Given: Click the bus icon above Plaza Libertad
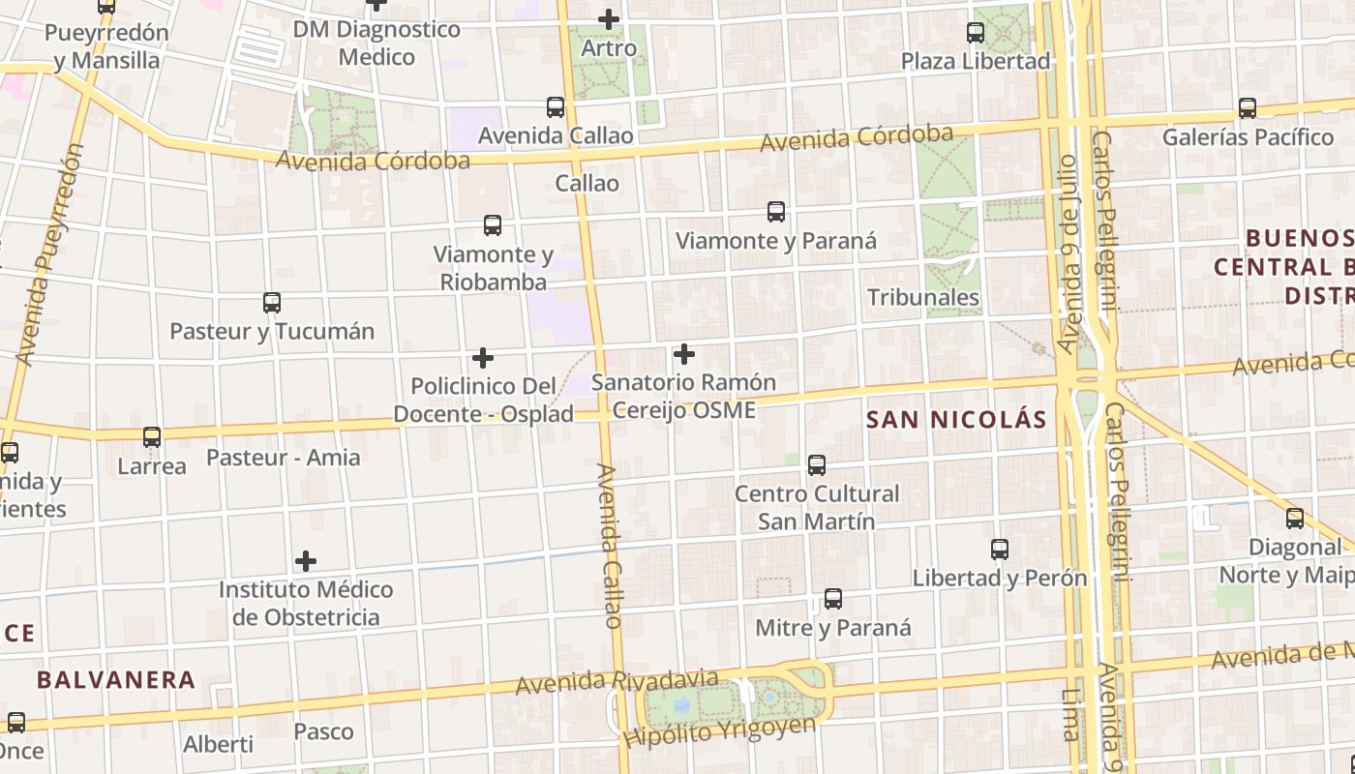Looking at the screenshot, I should tap(976, 33).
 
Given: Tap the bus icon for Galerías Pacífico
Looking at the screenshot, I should tap(1248, 108).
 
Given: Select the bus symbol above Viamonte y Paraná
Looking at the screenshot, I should tap(775, 212).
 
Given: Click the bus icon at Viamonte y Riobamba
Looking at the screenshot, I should tap(493, 226).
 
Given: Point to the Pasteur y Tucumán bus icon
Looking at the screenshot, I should tap(272, 303).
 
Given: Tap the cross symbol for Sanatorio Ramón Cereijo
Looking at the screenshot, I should tap(684, 354).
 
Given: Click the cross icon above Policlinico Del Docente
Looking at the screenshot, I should tap(483, 358).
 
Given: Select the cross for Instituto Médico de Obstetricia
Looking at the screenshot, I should tap(306, 561).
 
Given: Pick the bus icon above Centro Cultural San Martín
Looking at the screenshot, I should tap(817, 465).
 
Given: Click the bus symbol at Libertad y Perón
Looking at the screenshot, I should tap(1000, 550).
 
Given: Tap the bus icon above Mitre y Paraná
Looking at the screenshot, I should tap(833, 599).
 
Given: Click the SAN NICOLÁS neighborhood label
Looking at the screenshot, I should tap(956, 420).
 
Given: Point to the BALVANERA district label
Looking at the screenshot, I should tap(116, 680).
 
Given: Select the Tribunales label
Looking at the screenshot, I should tap(923, 297).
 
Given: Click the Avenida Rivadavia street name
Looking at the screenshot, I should tap(617, 681).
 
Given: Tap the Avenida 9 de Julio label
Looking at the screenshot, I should tap(1068, 253).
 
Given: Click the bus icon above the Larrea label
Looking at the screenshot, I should tap(152, 437).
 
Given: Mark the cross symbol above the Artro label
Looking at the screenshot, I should tap(609, 19).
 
